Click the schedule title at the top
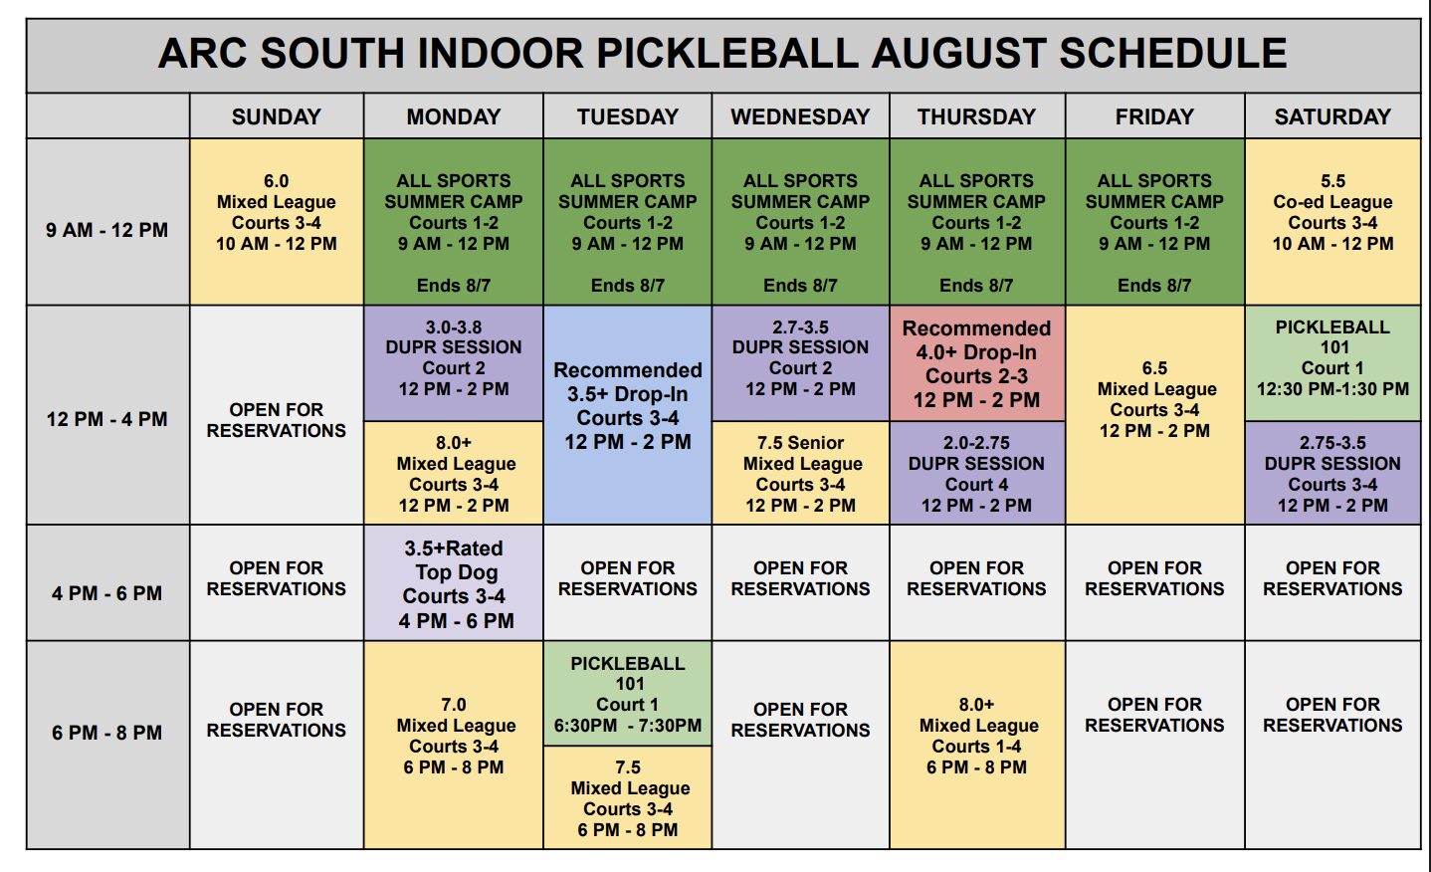point(721,53)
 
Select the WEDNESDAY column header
point(800,116)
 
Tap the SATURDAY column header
point(1332,116)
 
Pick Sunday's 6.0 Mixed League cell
point(277,222)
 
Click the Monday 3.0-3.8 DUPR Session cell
point(454,363)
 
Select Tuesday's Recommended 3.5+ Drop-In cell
point(627,415)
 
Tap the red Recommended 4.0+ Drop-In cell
point(977,363)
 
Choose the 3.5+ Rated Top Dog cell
point(454,583)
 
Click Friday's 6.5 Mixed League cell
point(1155,415)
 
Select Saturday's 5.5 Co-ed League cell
point(1332,222)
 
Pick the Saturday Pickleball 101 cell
point(1332,363)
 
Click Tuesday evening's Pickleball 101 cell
point(627,693)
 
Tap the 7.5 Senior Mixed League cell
point(800,474)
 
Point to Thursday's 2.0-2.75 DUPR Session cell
point(977,474)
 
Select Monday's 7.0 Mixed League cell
point(454,745)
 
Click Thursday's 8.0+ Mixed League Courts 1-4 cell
point(977,745)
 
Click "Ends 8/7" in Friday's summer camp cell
point(1154,286)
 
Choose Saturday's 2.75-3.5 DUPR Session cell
point(1332,474)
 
